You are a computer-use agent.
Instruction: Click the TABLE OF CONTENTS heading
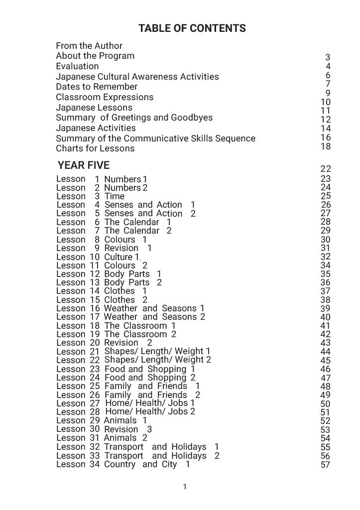point(192,28)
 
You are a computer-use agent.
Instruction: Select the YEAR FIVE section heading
point(83,165)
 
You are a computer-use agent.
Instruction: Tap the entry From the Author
point(89,46)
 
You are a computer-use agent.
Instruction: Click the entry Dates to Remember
point(97,87)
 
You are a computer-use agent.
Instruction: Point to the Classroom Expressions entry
point(105,97)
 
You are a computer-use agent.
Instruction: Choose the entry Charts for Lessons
point(95,148)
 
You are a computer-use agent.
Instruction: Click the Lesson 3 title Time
point(115,196)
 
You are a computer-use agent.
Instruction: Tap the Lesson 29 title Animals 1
point(125,420)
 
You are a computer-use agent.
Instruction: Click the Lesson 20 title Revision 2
point(128,343)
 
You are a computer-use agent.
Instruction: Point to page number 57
point(326,465)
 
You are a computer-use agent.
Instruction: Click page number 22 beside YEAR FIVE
point(326,169)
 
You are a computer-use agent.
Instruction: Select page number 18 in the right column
point(326,146)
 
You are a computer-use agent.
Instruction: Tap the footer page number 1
point(185,487)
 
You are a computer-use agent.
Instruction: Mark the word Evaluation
point(77,66)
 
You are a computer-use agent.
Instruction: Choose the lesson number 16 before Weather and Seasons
point(95,308)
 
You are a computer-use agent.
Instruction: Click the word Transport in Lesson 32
point(123,447)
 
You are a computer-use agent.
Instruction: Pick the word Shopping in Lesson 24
point(167,378)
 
